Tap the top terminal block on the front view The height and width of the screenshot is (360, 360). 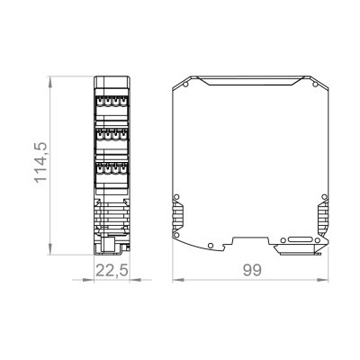click(x=112, y=102)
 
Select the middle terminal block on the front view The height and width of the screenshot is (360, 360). click(x=112, y=137)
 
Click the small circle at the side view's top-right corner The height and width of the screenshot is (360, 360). click(x=316, y=86)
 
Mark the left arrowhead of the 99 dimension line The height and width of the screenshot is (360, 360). click(x=176, y=282)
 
